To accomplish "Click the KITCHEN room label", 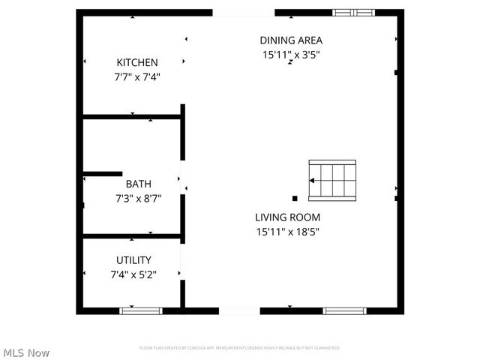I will point(137,62).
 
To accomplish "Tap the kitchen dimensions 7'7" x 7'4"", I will point(137,76).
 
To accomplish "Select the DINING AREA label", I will point(291,40).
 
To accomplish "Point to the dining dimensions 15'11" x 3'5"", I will point(291,55).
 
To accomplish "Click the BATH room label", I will point(138,184).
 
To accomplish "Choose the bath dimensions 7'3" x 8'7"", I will point(138,199).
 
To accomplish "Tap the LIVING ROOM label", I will point(288,217).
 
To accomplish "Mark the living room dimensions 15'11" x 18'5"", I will point(288,232).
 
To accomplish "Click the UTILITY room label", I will point(133,260).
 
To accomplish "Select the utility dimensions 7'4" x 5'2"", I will point(133,275).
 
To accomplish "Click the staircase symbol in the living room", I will point(332,180).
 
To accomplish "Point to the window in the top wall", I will point(353,13).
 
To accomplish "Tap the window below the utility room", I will point(141,310).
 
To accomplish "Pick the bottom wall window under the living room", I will point(344,310).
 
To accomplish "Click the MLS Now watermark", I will point(26,352).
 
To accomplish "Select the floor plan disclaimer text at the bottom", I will point(239,348).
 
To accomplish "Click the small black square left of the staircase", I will point(295,199).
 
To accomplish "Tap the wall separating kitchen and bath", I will point(132,116).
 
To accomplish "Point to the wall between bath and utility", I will point(132,236).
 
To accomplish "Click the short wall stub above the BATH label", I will point(102,174).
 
